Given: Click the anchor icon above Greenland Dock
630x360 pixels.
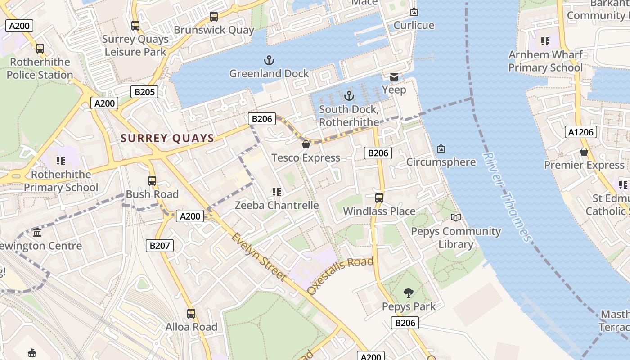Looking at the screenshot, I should [269, 60].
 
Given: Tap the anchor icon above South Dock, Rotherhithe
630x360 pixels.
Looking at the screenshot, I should [349, 96].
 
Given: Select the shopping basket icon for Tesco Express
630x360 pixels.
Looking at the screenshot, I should [306, 144].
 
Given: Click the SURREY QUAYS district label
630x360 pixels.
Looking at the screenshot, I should [167, 138].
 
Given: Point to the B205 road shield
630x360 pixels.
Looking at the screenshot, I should [144, 92].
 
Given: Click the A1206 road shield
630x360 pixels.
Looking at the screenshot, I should [581, 132].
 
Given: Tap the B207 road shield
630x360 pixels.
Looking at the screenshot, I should [160, 246].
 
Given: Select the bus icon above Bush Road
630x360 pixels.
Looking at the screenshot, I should [152, 181].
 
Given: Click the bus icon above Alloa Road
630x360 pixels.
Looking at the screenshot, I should [191, 313].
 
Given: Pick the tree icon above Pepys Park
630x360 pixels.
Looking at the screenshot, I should [409, 293].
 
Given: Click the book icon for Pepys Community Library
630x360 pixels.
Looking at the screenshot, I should [456, 218].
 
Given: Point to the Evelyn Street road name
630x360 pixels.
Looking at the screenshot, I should [259, 256].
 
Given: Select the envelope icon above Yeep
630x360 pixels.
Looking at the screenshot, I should [394, 77].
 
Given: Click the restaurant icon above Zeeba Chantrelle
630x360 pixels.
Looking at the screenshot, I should [277, 193].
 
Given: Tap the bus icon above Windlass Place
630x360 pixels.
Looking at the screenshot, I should [379, 198].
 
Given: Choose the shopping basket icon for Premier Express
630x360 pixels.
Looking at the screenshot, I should [584, 152].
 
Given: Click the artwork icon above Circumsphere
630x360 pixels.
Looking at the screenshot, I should [441, 148].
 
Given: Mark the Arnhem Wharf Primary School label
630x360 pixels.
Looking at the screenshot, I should [545, 61].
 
